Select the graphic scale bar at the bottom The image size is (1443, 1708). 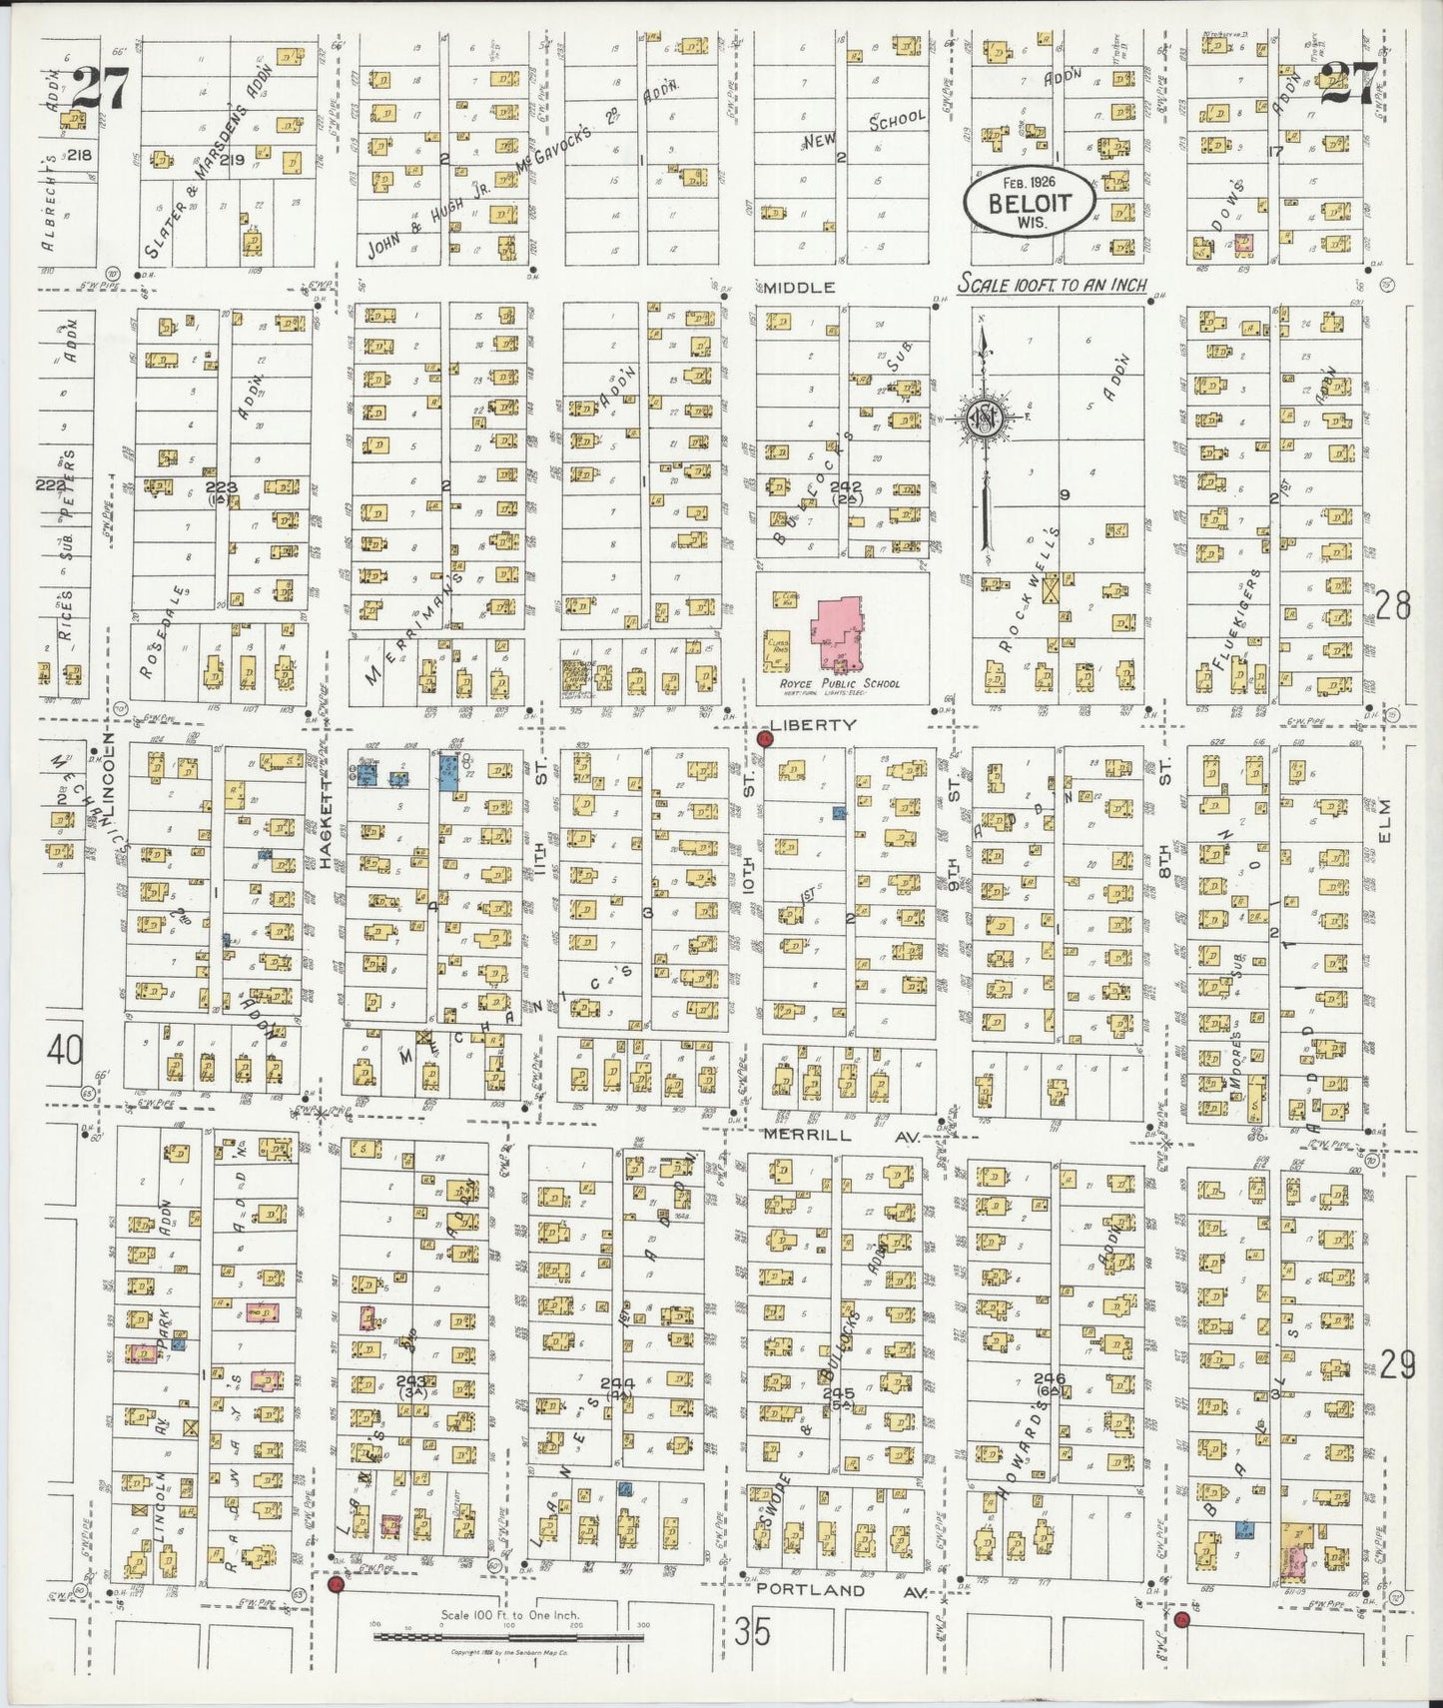[508, 1636]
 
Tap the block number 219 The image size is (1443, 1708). [233, 160]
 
